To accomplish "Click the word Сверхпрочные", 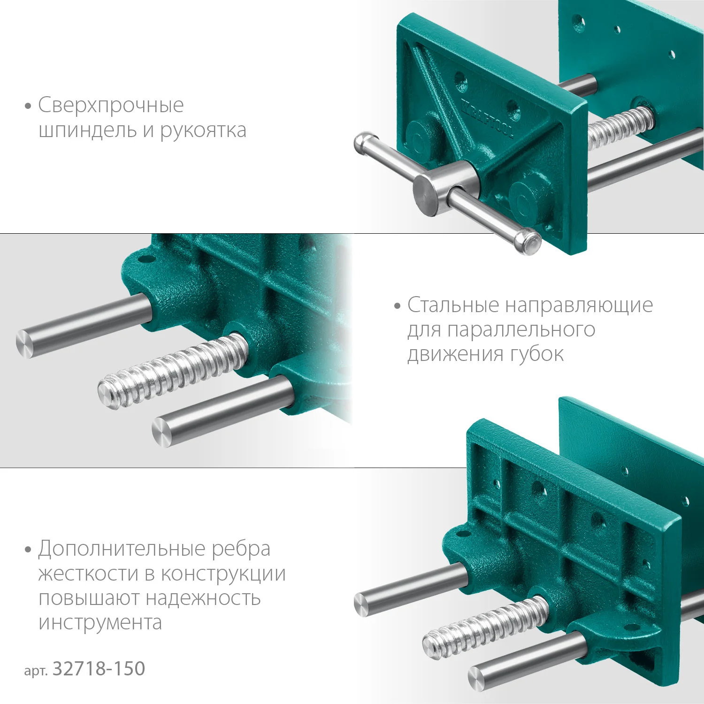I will tap(111, 106).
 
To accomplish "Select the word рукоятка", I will tap(203, 130).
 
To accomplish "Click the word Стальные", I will tap(453, 305).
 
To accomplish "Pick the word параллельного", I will tap(521, 330).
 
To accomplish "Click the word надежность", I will tap(203, 598).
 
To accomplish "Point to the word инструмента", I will tap(100, 623).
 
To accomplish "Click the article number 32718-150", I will tap(99, 669).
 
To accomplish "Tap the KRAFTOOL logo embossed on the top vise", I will tap(488, 117).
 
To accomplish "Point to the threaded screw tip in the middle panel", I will tap(110, 392).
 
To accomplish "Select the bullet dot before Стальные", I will tap(398, 306).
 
